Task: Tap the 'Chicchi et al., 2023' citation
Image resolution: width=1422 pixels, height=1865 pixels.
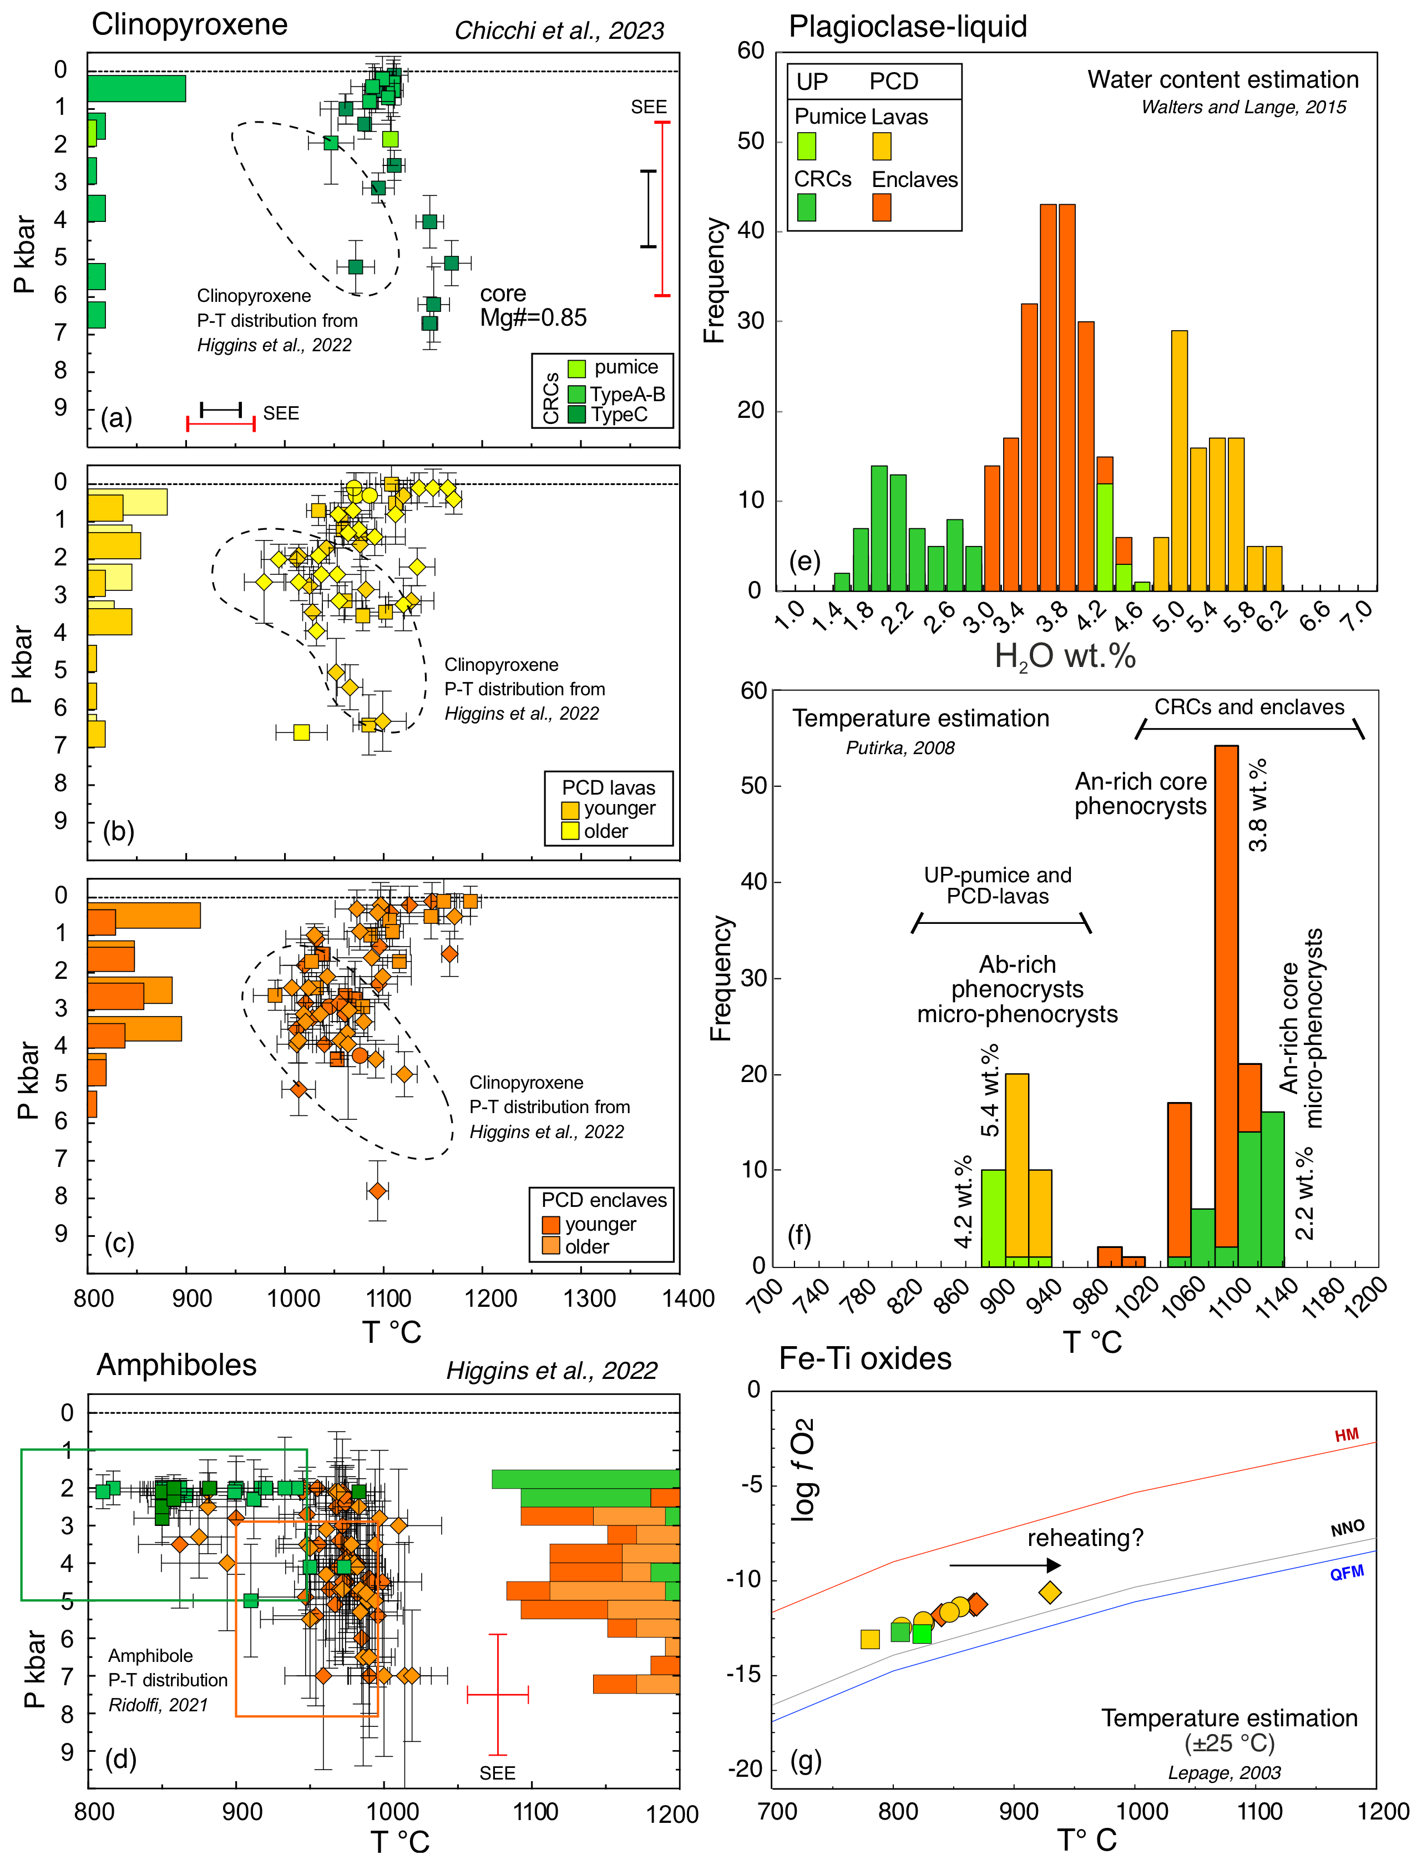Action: point(559,31)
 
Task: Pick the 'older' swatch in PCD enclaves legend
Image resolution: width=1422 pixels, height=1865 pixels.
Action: point(551,1246)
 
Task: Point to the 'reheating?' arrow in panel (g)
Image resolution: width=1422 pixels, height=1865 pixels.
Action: point(1005,1565)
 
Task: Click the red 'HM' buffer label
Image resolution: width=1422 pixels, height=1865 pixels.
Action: point(1347,1435)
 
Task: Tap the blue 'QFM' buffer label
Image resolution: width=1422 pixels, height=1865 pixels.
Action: point(1346,1573)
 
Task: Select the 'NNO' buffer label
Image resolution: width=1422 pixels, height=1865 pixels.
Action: point(1348,1528)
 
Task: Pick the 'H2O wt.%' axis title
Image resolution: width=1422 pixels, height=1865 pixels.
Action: point(1064,656)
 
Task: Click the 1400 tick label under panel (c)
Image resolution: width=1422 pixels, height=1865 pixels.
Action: point(688,1298)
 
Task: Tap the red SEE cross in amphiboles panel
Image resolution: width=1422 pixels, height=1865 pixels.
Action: point(498,1694)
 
